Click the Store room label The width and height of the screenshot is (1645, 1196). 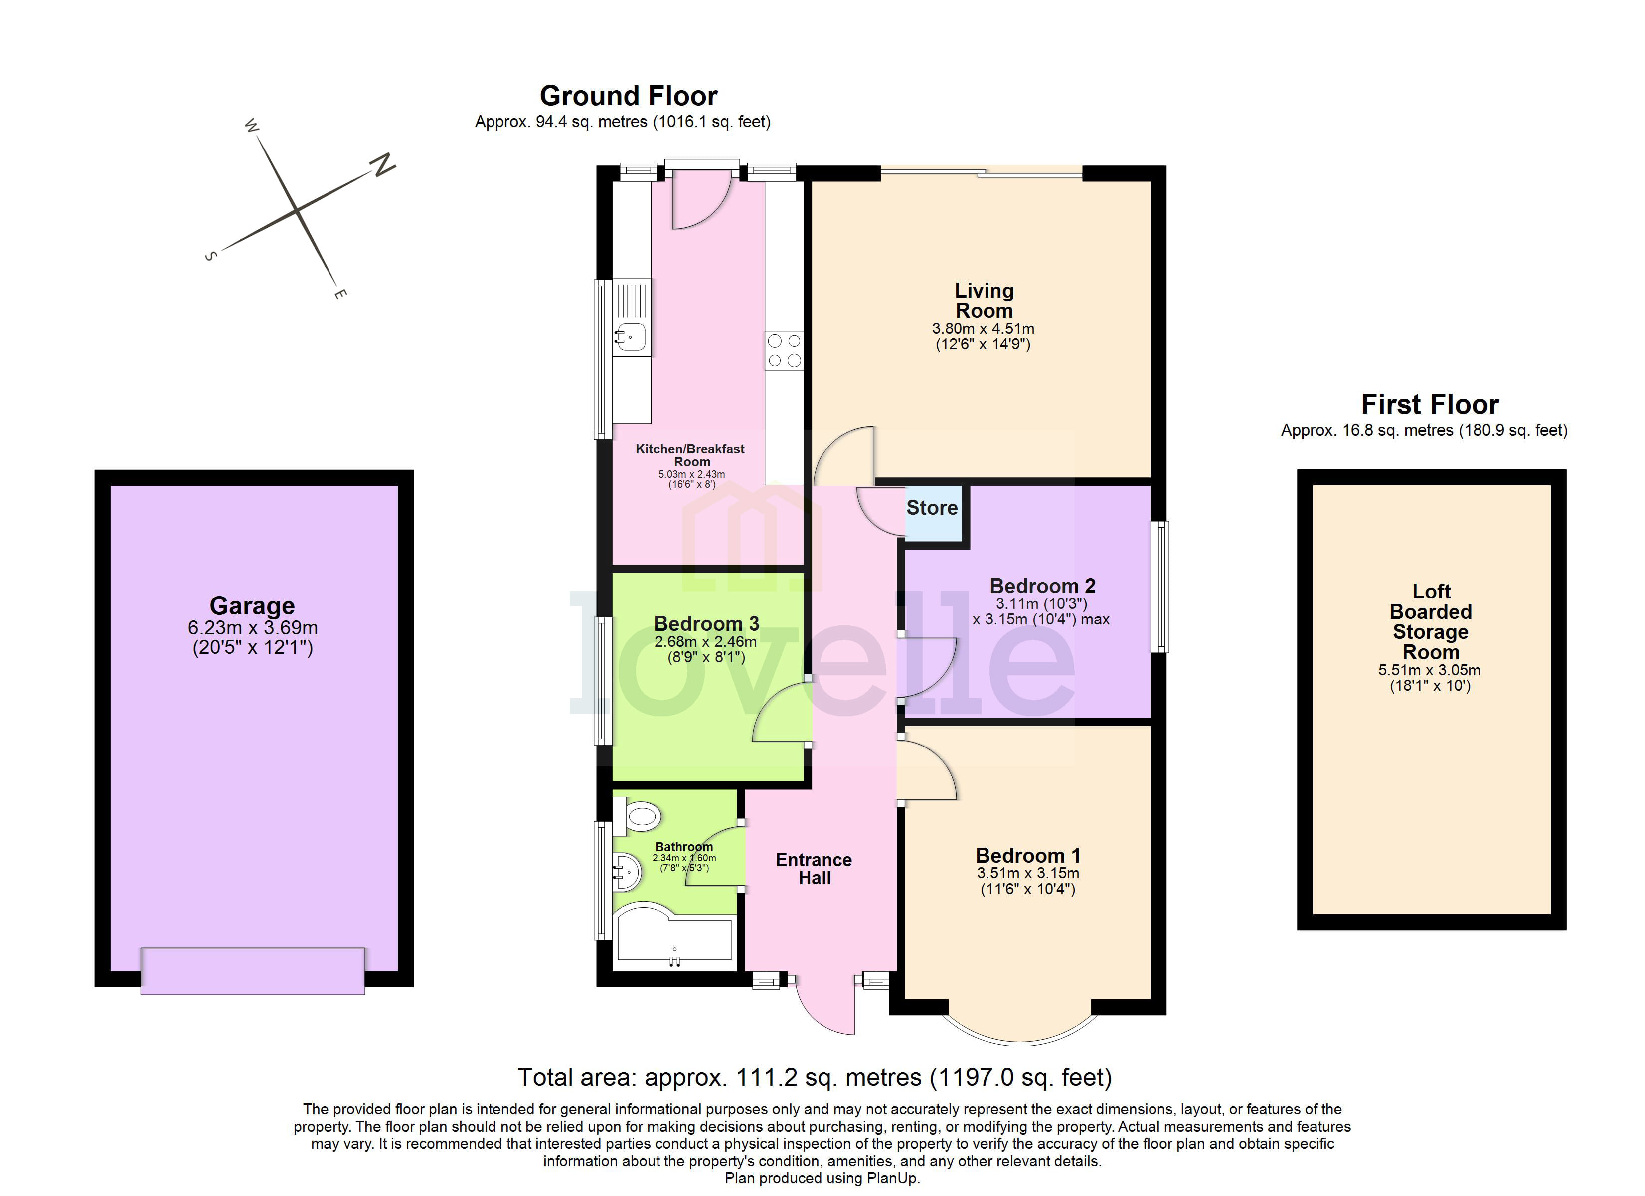932,508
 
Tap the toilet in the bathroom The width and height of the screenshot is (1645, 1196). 638,816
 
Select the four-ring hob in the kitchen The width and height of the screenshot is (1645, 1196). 784,350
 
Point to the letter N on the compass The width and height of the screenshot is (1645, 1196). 382,166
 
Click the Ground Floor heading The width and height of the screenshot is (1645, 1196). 629,96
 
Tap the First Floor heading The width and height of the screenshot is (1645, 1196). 1430,404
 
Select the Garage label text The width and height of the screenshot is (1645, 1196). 252,605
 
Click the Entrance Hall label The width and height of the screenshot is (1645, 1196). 814,869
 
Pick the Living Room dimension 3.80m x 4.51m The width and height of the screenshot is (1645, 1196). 984,328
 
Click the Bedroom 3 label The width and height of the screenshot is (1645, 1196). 706,624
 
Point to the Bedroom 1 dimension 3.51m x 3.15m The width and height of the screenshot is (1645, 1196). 1028,873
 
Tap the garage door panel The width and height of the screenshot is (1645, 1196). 252,970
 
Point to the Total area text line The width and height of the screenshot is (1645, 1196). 815,1078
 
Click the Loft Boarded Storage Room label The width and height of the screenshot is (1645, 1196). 1430,621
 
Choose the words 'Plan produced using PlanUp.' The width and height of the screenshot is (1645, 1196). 822,1178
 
